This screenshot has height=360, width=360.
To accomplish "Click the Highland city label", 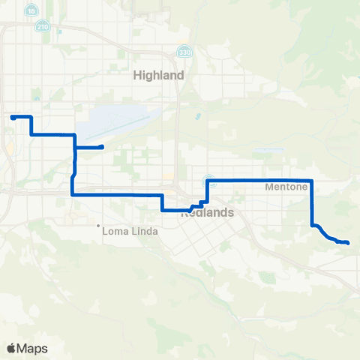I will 158,76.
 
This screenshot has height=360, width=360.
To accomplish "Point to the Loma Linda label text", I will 130,231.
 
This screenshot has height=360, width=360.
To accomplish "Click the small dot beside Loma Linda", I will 98,226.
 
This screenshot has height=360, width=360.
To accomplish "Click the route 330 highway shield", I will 184,52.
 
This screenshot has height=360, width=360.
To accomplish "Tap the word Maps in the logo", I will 33,348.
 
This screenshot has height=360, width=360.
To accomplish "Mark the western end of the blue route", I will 11,117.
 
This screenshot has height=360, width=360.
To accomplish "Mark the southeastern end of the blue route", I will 348,242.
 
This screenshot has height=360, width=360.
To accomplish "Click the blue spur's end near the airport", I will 101,146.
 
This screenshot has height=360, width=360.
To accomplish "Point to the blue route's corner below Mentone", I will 311,224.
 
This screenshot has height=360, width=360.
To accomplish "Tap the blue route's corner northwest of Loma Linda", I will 72,194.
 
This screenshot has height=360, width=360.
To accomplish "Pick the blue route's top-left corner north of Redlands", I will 207,181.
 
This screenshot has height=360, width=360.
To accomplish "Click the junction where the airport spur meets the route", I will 75,147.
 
